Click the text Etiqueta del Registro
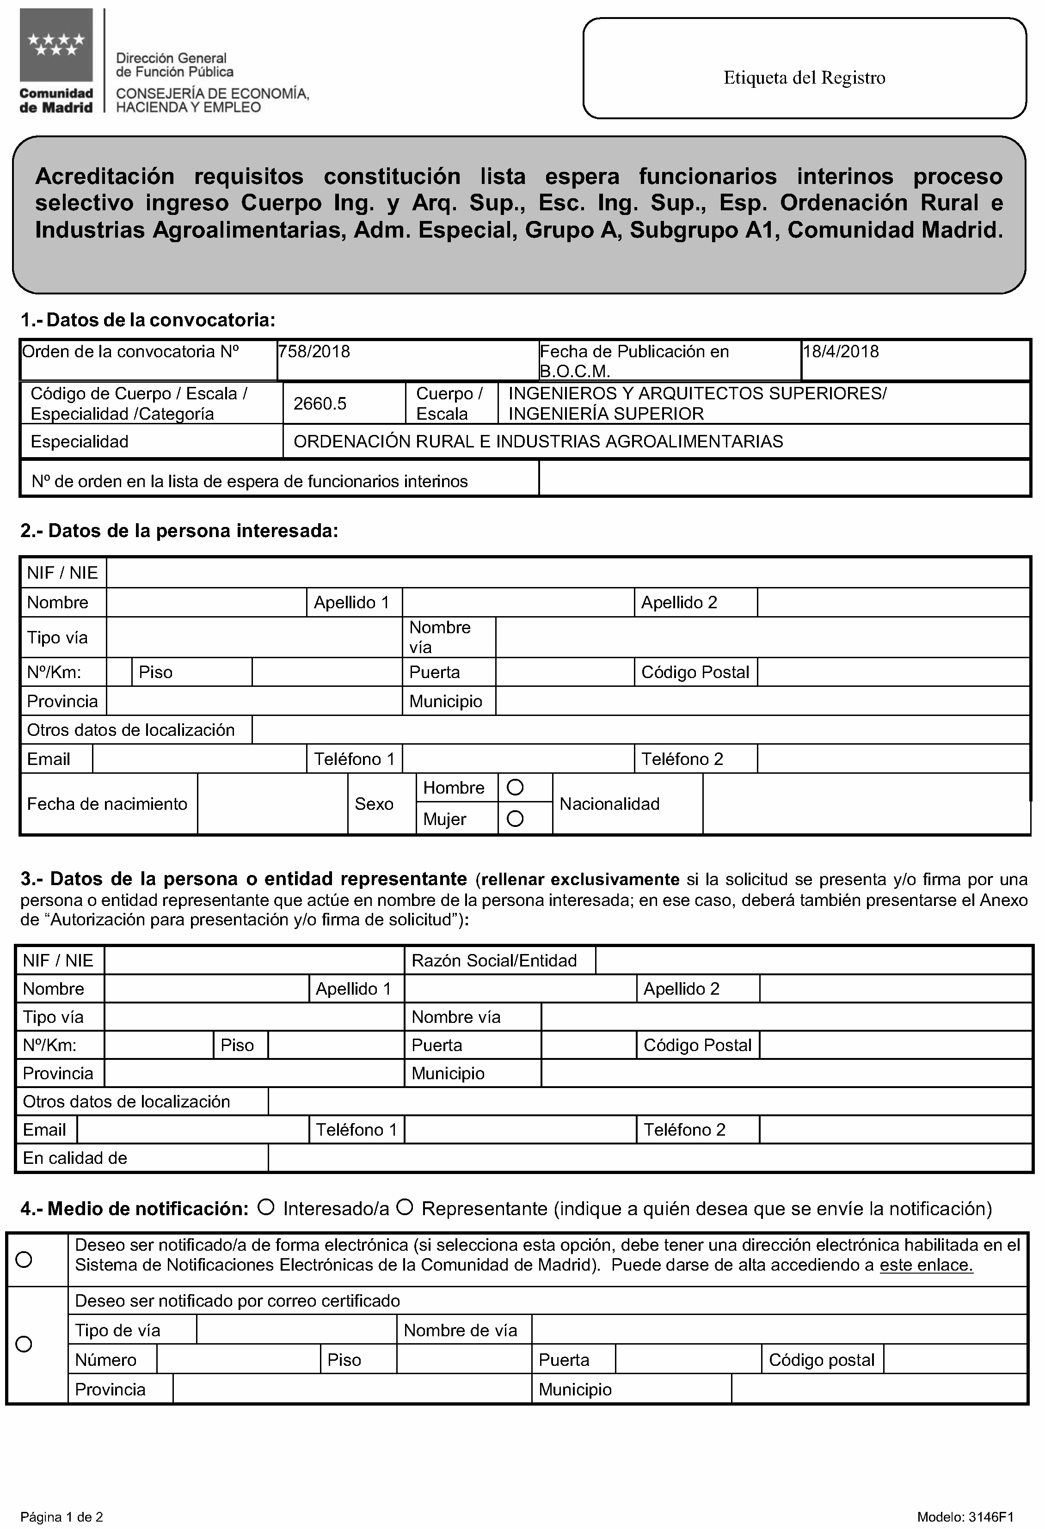(x=804, y=78)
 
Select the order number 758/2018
(x=314, y=351)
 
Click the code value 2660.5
(x=320, y=404)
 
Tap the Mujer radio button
(x=515, y=819)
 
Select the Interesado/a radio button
(x=266, y=1207)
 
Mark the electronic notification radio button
(x=24, y=1259)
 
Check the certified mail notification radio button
(x=24, y=1344)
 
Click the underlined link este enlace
(x=926, y=1265)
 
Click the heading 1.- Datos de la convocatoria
(x=148, y=320)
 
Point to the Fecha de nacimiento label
(x=107, y=803)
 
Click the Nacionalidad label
(x=609, y=803)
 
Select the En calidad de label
(x=75, y=1158)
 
